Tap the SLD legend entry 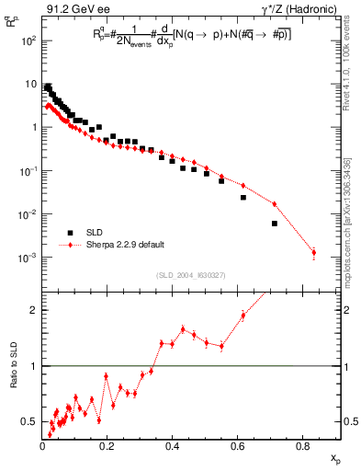pyautogui.click(x=96, y=233)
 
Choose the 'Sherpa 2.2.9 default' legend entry pyautogui.click(x=125, y=245)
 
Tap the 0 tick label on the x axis pyautogui.click(x=42, y=448)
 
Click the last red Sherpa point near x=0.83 pyautogui.click(x=313, y=252)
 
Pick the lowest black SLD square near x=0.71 pyautogui.click(x=275, y=224)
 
